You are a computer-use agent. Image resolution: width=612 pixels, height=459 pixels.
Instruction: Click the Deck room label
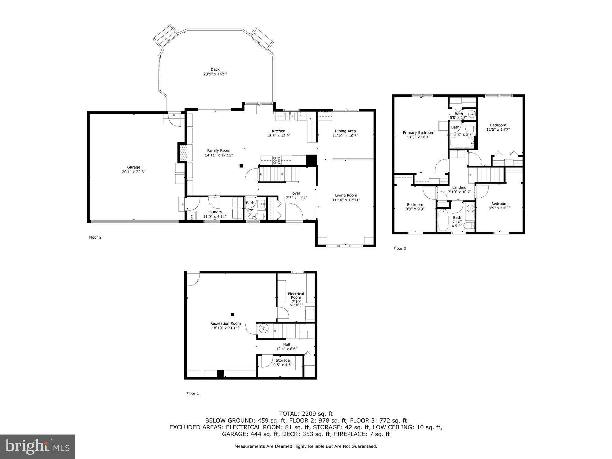point(215,69)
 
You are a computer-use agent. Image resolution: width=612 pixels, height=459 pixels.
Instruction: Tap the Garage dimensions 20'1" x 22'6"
point(133,172)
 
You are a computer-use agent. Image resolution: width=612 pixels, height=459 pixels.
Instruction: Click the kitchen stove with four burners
point(277,160)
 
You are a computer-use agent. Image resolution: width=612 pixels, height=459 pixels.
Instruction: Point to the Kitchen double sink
point(290,116)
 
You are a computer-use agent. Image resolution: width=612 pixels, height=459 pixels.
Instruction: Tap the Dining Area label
point(345,131)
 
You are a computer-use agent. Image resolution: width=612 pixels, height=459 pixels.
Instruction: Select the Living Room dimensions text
point(346,200)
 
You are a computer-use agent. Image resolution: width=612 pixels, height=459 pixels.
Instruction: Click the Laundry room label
point(215,212)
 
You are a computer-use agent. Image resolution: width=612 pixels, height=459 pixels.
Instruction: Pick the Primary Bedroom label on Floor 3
point(418,132)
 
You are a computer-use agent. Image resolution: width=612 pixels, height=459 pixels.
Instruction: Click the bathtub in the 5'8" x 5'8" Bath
point(462,143)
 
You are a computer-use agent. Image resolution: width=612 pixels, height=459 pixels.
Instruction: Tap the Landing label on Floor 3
point(459,188)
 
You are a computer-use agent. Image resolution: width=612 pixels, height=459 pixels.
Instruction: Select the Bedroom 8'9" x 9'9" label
point(415,205)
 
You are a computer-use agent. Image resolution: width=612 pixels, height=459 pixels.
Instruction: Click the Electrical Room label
point(296,296)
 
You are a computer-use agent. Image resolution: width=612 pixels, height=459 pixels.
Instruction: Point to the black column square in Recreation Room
point(233,314)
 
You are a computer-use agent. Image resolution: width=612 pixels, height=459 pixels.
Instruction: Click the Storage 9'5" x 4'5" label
point(282,360)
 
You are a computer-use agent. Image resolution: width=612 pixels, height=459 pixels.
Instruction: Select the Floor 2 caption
point(95,237)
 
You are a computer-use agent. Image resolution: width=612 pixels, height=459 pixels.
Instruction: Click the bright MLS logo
point(37,446)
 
